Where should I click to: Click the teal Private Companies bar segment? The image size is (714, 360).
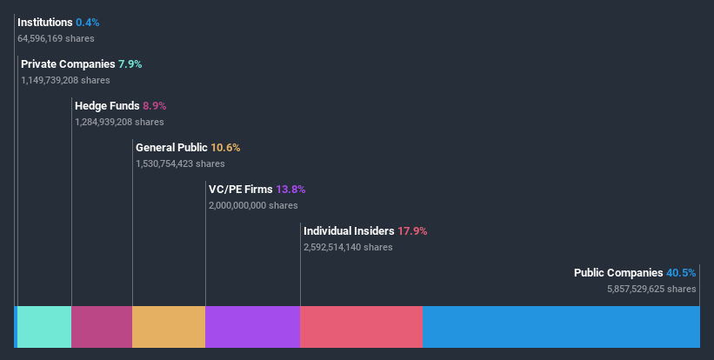[44, 327]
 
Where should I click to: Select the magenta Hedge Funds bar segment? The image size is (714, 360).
[102, 327]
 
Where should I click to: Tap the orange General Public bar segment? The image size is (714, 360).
[169, 327]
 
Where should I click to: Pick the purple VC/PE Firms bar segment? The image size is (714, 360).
[252, 327]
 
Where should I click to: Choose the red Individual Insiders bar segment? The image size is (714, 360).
[361, 327]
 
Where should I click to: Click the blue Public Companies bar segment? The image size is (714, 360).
[561, 327]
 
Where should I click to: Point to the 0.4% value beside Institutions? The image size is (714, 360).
[87, 22]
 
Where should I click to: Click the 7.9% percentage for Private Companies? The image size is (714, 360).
[129, 63]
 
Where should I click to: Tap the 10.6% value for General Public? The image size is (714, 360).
[224, 147]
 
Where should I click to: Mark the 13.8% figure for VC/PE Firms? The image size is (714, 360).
[290, 189]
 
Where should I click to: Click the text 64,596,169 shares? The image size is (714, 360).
[56, 38]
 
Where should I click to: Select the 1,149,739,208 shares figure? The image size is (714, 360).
[65, 80]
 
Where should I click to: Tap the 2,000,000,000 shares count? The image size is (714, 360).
[253, 205]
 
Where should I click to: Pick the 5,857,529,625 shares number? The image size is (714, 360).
[651, 289]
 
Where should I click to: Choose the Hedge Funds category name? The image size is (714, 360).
[107, 105]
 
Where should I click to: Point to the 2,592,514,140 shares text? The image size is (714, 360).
[348, 247]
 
